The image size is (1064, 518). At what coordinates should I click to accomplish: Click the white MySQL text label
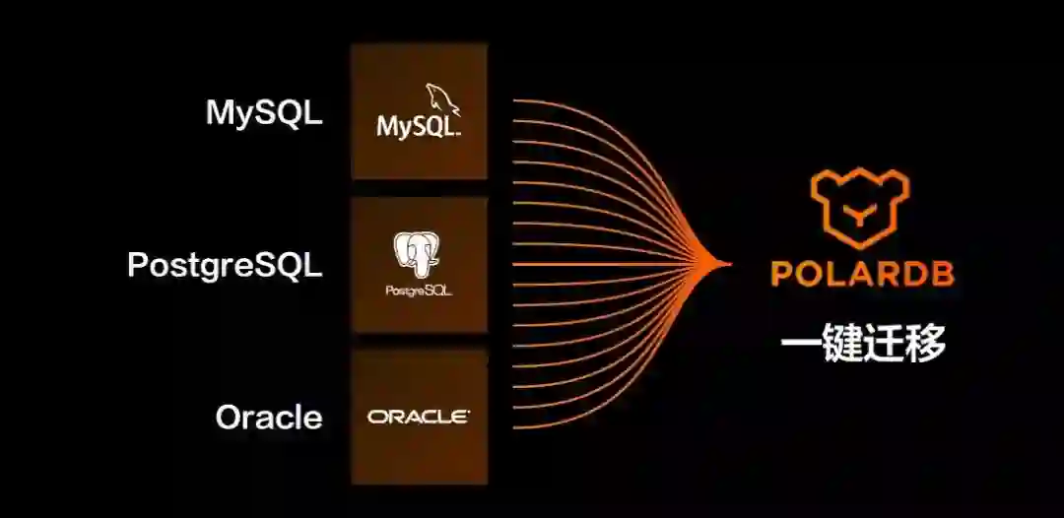click(x=263, y=112)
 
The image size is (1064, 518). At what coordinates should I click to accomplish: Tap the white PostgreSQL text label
click(x=225, y=265)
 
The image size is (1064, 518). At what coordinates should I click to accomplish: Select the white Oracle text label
click(x=269, y=417)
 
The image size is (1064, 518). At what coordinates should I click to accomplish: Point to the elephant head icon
click(x=418, y=256)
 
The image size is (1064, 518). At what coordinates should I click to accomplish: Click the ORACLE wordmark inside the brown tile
click(x=419, y=417)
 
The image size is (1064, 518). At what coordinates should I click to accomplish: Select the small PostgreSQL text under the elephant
click(x=419, y=291)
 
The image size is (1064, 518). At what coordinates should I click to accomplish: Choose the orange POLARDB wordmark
click(x=862, y=273)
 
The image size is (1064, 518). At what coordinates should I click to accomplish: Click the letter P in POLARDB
click(x=782, y=273)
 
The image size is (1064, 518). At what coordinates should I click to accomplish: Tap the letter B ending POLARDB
click(x=942, y=273)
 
